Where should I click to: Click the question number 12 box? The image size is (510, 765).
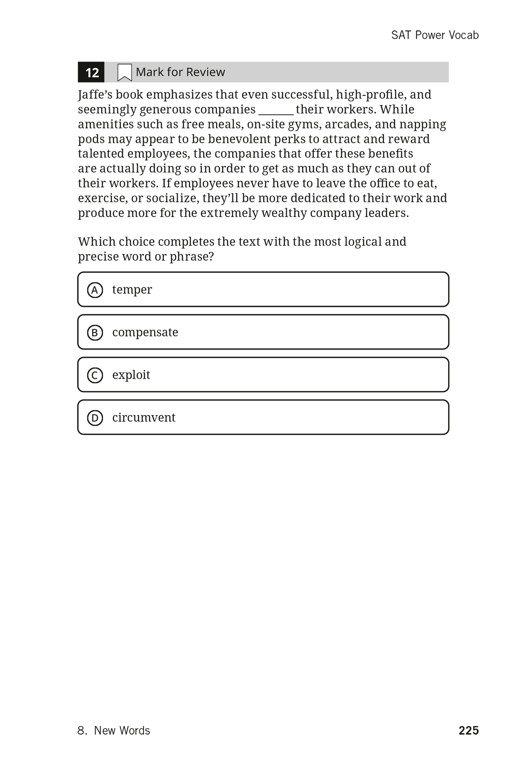tap(91, 72)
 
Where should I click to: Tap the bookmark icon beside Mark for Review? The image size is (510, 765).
tap(125, 73)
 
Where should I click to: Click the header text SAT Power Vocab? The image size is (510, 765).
tap(435, 35)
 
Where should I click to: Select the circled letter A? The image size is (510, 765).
tap(95, 290)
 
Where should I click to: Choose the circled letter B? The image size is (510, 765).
tap(95, 333)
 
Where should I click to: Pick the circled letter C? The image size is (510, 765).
tap(95, 375)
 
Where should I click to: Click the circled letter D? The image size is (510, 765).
tap(95, 418)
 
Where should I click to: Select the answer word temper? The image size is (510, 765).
tap(132, 289)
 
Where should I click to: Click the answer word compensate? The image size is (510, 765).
tap(145, 332)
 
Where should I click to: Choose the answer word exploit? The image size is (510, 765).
tap(131, 375)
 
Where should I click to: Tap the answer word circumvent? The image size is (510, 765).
tap(144, 417)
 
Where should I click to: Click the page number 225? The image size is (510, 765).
tap(469, 730)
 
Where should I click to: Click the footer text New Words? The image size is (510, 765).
tap(122, 730)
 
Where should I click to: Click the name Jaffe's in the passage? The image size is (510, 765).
tap(95, 95)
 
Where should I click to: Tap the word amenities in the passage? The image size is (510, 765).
tap(106, 124)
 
